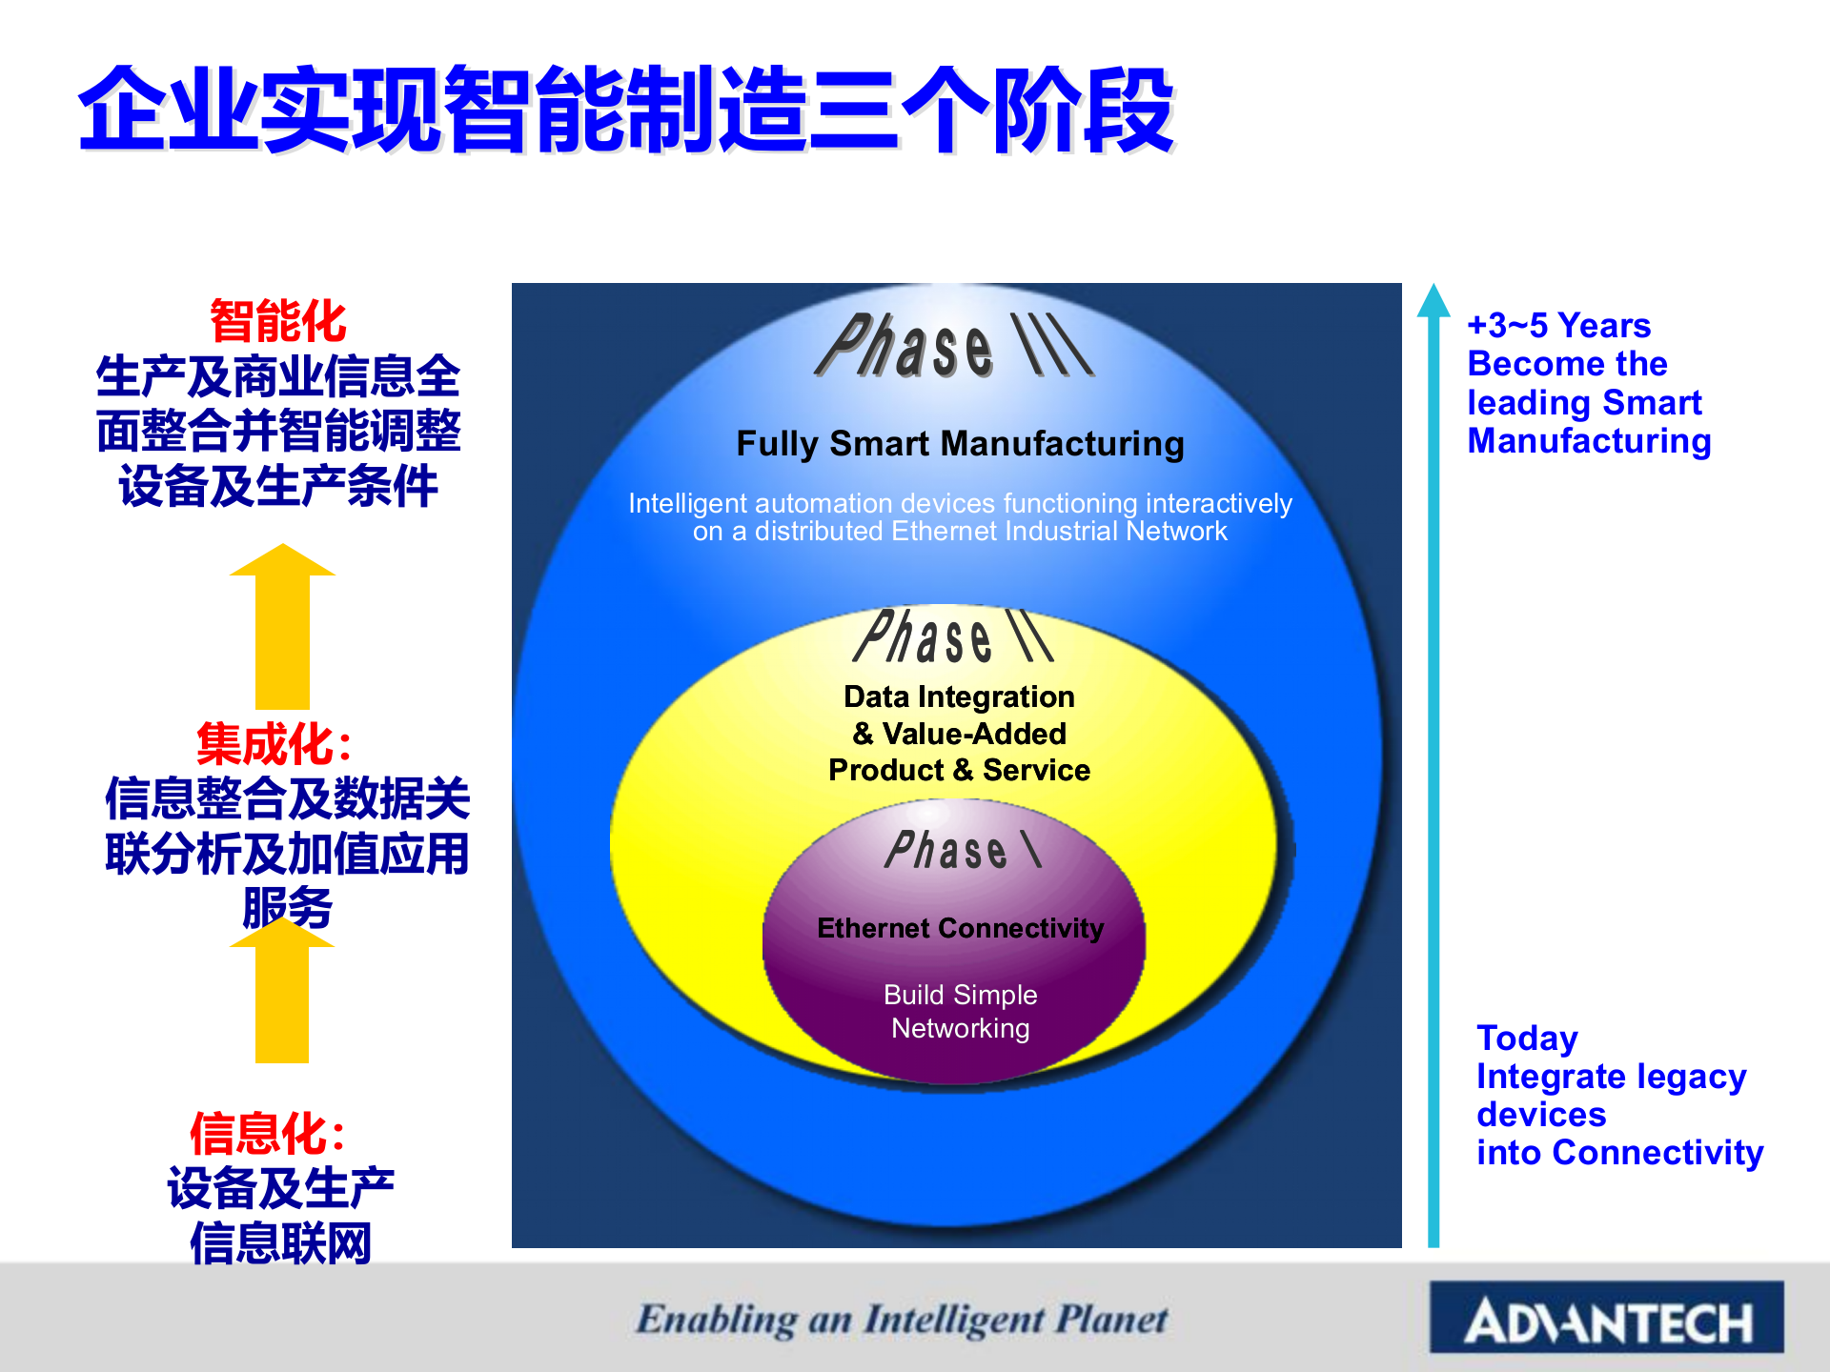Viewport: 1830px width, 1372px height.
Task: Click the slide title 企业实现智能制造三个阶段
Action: pos(626,111)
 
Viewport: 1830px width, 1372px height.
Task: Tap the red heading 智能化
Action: pos(278,321)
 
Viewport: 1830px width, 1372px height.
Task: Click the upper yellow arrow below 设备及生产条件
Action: pos(282,629)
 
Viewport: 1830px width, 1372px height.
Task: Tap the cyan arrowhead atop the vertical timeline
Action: pos(1433,301)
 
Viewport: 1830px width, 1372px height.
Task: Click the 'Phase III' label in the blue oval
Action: pos(953,347)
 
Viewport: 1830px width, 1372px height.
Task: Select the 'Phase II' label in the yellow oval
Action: pos(953,636)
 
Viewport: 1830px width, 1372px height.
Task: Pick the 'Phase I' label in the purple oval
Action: pos(963,850)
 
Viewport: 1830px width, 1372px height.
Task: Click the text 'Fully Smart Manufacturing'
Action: pos(960,444)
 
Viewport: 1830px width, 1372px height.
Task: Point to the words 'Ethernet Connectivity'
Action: pos(960,928)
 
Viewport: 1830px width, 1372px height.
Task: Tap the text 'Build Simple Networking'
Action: pos(960,1011)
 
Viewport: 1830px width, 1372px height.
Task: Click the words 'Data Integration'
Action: pos(959,696)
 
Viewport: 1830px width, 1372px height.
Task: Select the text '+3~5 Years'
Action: pos(1558,326)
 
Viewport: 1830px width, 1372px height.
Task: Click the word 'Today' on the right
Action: pos(1527,1038)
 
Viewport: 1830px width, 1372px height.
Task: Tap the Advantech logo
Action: pos(1606,1319)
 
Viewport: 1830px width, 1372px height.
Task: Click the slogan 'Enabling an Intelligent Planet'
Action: pos(902,1320)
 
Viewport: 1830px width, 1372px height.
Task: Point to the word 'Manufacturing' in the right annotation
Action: pos(1589,441)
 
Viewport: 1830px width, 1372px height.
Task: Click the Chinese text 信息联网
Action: pos(280,1243)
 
